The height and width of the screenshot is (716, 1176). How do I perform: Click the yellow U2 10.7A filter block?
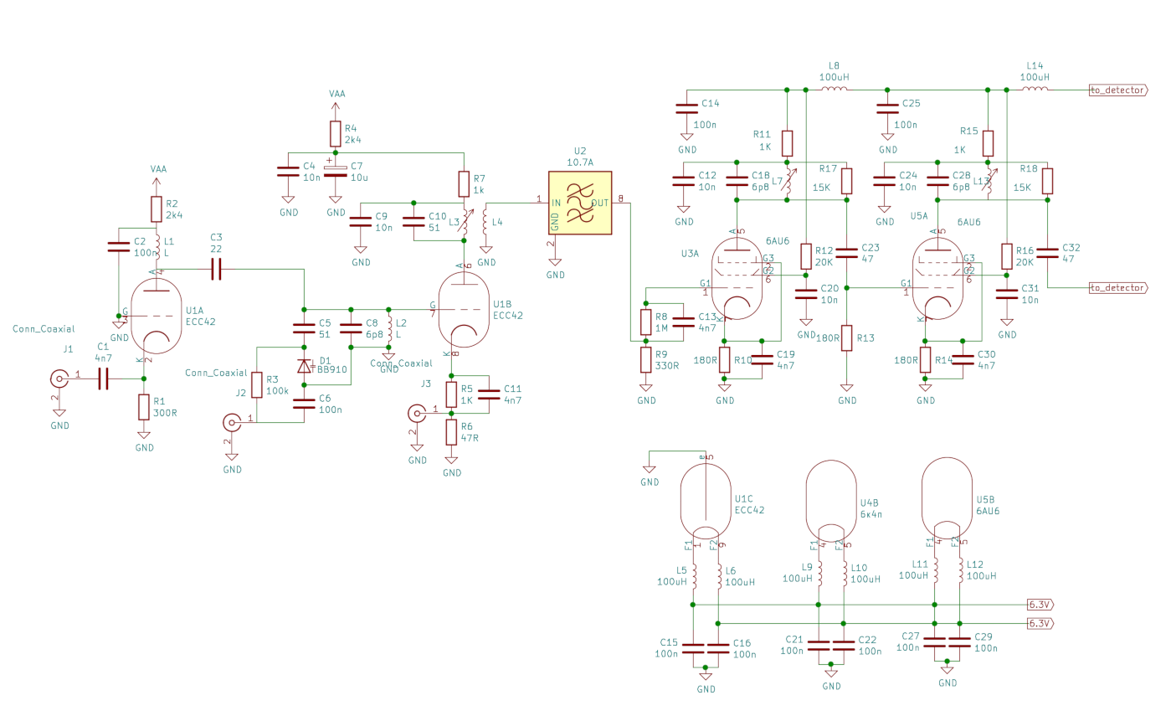coord(580,203)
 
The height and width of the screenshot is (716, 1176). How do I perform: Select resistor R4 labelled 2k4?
coord(336,134)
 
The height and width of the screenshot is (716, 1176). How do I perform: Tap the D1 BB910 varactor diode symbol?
coord(305,366)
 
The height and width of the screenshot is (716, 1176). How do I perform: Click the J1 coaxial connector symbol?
coord(59,379)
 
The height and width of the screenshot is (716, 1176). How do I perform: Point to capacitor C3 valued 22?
coord(216,269)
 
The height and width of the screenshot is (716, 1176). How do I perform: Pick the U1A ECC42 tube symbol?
coord(157,316)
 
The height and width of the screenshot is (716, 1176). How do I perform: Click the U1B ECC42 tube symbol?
coord(464,310)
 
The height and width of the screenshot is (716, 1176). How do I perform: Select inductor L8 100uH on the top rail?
coord(834,89)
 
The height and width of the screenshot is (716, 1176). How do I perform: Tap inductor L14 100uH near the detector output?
coord(1035,89)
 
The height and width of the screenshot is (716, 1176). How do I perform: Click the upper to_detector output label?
coord(1117,90)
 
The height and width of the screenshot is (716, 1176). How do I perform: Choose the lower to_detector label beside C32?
coord(1117,287)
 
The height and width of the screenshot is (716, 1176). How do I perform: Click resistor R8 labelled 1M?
coord(646,322)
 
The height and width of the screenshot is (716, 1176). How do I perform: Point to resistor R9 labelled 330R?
coord(646,360)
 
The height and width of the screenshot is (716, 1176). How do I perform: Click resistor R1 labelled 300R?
coord(144,408)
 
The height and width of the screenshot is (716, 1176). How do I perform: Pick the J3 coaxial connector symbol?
coord(417,413)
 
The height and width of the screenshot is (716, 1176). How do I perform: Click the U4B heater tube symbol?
coord(831,500)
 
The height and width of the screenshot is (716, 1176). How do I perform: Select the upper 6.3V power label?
coord(1040,605)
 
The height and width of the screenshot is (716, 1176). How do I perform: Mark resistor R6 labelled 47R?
coord(451,433)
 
